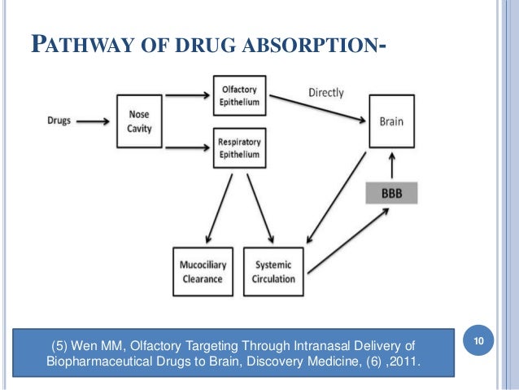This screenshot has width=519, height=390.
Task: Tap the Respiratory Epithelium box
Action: coord(238,147)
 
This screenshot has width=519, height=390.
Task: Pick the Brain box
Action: coord(395,122)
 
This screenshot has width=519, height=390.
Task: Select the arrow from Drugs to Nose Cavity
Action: coord(94,121)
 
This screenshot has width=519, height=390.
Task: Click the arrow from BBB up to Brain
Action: coord(395,165)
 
